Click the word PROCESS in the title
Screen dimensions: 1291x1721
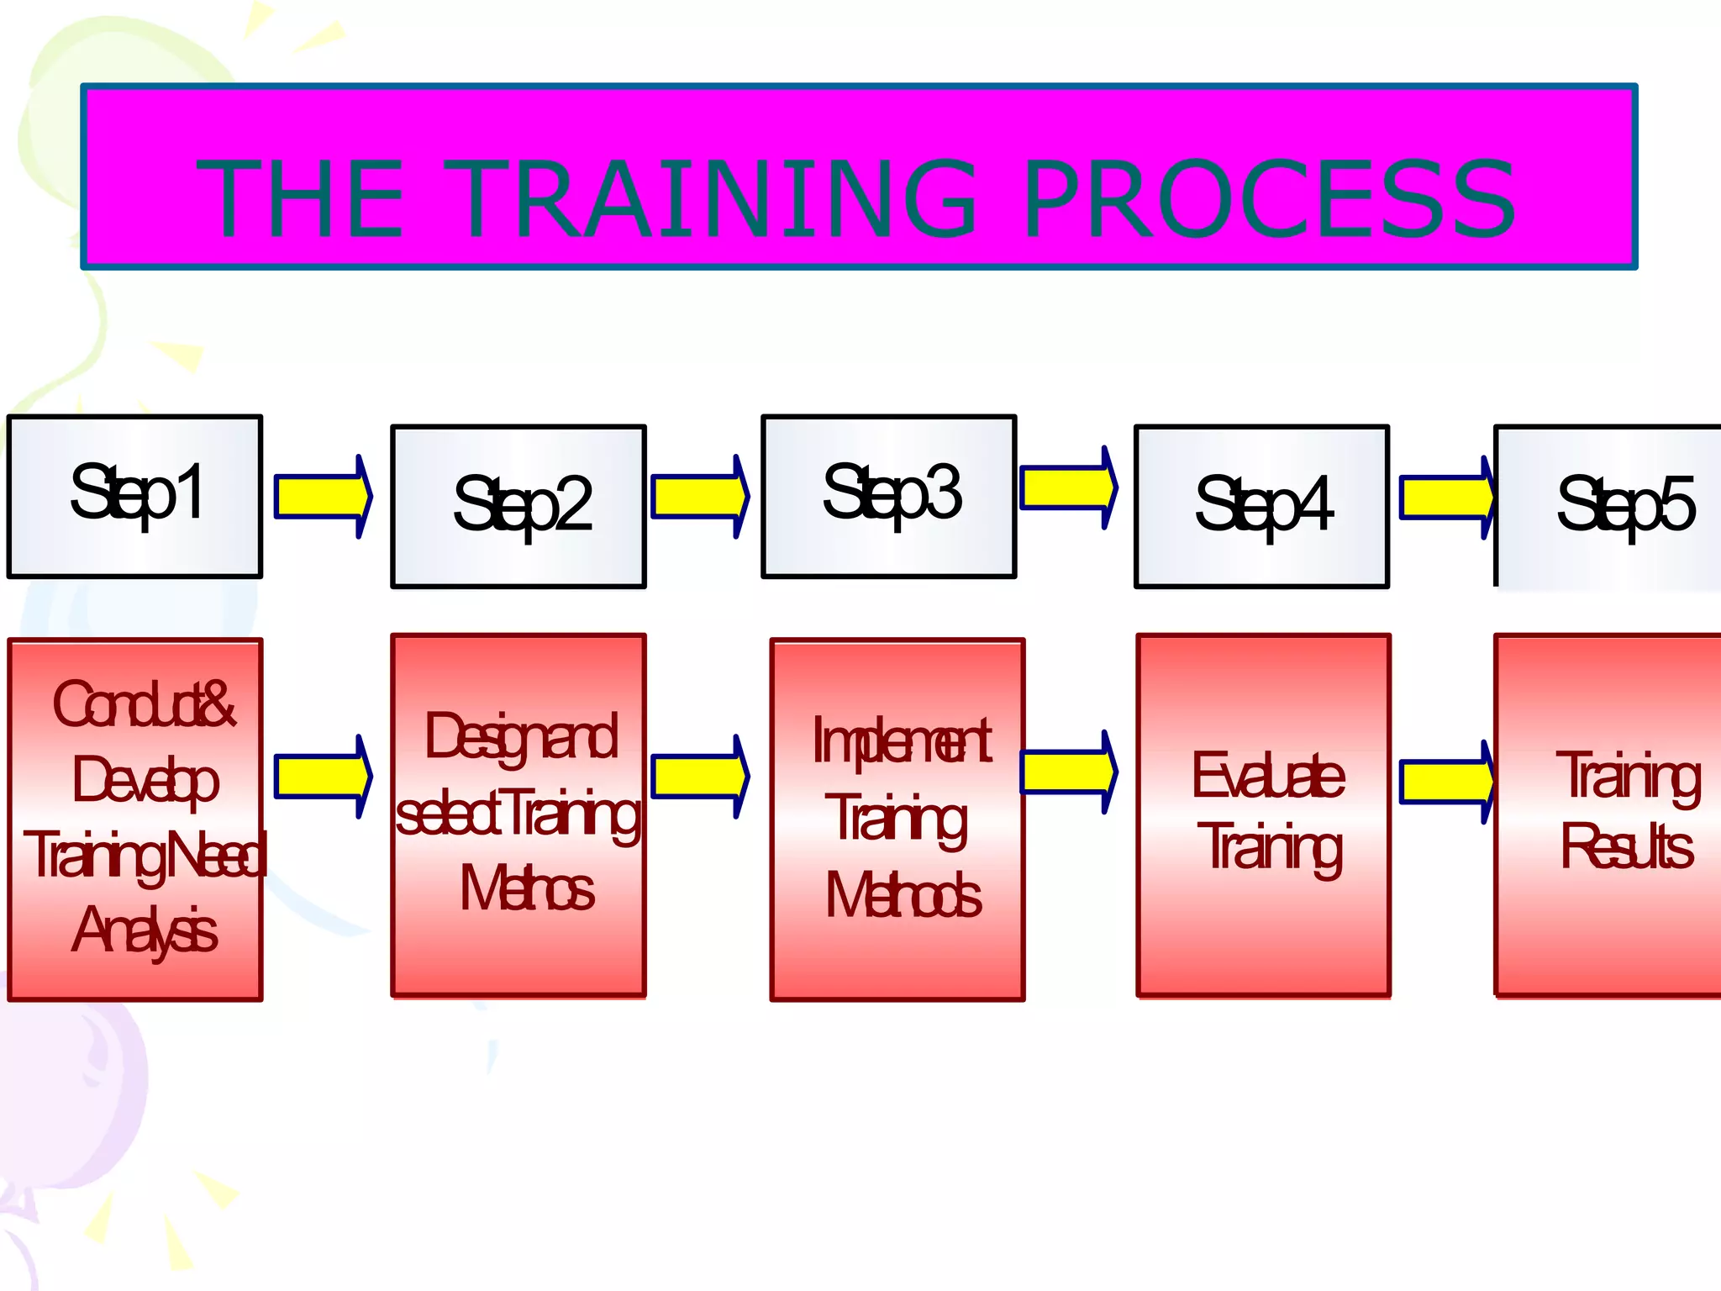[x=1270, y=199]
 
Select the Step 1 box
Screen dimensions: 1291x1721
[x=135, y=496]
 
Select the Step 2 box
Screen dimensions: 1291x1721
[x=518, y=506]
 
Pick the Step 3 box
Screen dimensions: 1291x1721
[x=889, y=496]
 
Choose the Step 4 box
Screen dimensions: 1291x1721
[x=1261, y=506]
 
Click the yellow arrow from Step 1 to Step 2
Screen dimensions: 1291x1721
[x=324, y=496]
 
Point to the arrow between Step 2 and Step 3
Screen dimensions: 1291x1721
[x=700, y=496]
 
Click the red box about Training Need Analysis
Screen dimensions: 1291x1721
[x=135, y=819]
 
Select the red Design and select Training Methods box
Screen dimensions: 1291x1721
[x=518, y=815]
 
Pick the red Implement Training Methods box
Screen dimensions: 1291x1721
[x=897, y=819]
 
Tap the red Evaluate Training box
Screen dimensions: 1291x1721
[x=1263, y=815]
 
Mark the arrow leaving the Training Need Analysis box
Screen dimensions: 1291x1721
[x=324, y=776]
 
